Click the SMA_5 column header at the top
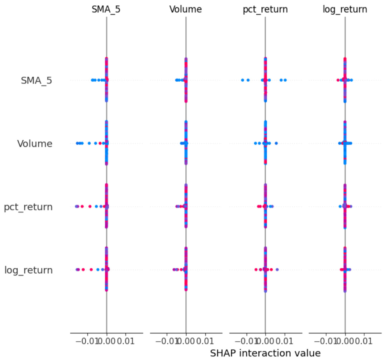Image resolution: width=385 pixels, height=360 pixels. tap(106, 10)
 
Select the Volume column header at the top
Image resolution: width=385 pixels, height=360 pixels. tap(186, 10)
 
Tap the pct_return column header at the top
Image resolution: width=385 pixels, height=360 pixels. tap(265, 10)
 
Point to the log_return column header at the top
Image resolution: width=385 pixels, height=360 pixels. tap(345, 10)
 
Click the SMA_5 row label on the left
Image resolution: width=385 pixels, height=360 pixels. tap(36, 81)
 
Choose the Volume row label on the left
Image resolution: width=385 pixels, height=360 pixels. tap(35, 144)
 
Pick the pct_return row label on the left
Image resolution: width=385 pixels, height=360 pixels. tap(28, 207)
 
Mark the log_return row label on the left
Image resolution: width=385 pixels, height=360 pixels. tap(29, 270)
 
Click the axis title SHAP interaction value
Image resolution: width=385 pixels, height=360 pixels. tap(265, 353)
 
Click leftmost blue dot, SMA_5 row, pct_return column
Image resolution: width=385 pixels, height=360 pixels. tap(243, 80)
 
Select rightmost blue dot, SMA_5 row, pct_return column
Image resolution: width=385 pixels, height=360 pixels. tap(285, 80)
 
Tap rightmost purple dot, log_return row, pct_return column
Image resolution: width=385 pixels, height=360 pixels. tap(277, 269)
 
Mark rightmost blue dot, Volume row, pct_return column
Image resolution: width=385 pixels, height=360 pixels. tap(276, 143)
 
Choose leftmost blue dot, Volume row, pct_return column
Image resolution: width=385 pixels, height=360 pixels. tap(255, 143)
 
